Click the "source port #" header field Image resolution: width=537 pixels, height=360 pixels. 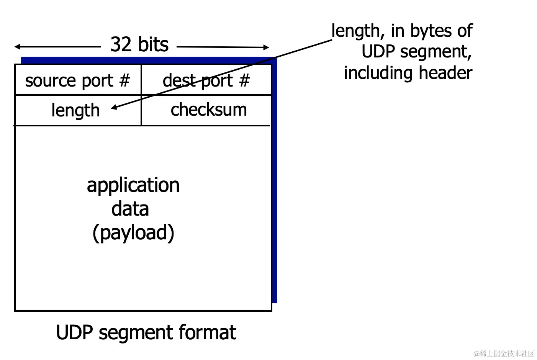[78, 80]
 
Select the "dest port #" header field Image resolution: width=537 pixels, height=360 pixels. [206, 80]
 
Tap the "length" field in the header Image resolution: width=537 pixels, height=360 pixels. [75, 111]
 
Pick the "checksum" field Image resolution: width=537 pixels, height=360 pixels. [209, 110]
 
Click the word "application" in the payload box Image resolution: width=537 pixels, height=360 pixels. [133, 185]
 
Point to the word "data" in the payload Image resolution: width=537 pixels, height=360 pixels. [130, 209]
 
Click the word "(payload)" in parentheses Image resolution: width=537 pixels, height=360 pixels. [133, 233]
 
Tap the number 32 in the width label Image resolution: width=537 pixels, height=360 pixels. [121, 44]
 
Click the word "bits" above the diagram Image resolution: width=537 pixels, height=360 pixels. [153, 44]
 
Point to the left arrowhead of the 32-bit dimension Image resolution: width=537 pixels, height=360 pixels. [17, 47]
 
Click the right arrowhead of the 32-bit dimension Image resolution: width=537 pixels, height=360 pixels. [267, 47]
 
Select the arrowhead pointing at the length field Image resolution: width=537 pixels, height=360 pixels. [114, 108]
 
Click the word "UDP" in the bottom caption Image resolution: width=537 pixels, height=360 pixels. [75, 332]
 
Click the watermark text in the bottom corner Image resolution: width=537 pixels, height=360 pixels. [504, 353]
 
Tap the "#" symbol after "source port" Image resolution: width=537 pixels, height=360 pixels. [124, 80]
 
